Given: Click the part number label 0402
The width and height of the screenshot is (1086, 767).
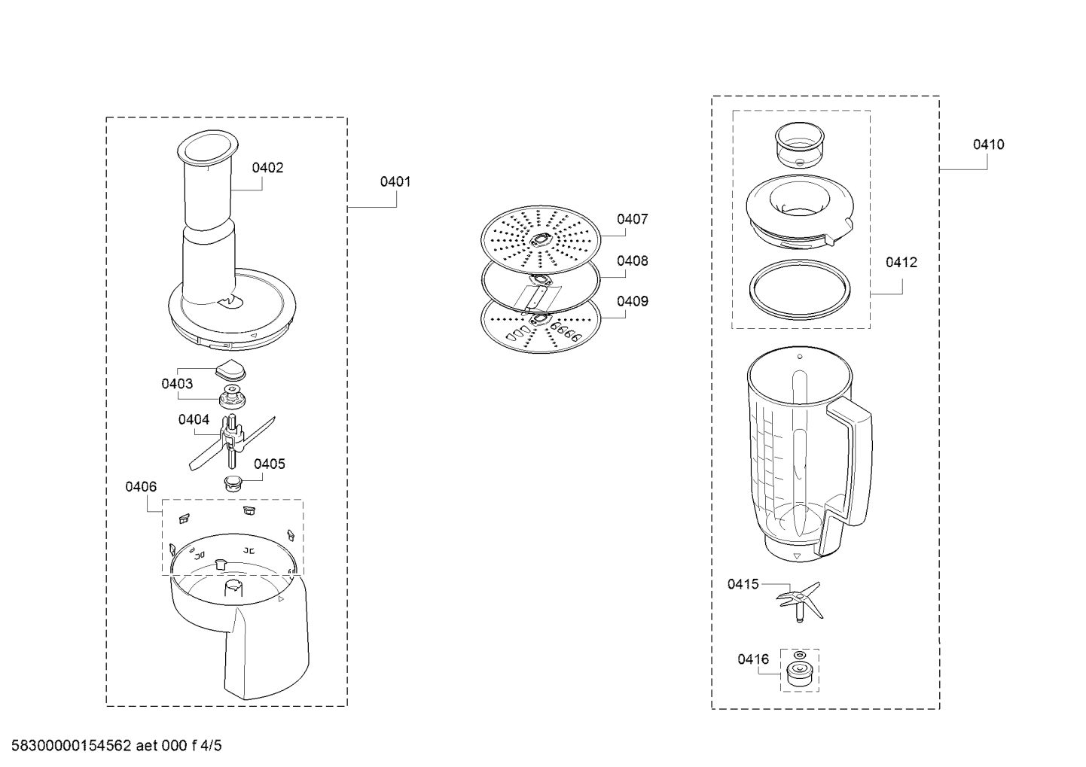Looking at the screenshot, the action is point(267,168).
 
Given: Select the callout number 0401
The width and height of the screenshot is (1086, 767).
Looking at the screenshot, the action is point(395,181).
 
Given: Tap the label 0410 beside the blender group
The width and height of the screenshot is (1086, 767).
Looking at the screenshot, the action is point(989,145).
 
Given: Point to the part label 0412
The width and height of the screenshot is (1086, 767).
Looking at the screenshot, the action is point(901,262).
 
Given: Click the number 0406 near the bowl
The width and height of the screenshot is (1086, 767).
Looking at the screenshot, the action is point(141,486).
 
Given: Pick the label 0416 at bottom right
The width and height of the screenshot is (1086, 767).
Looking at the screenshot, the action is point(753,659).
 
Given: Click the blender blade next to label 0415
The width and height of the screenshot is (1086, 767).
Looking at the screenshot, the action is point(800,601).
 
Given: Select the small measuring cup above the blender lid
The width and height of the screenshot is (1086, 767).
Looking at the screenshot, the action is point(800,145).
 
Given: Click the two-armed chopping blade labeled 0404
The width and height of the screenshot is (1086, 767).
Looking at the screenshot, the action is point(232,443).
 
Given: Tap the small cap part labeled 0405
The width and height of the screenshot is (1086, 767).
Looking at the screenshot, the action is point(233,483).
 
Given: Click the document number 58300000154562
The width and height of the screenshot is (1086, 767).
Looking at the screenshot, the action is point(72,745).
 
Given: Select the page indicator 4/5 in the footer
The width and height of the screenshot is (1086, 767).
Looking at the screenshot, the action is point(210,745).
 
